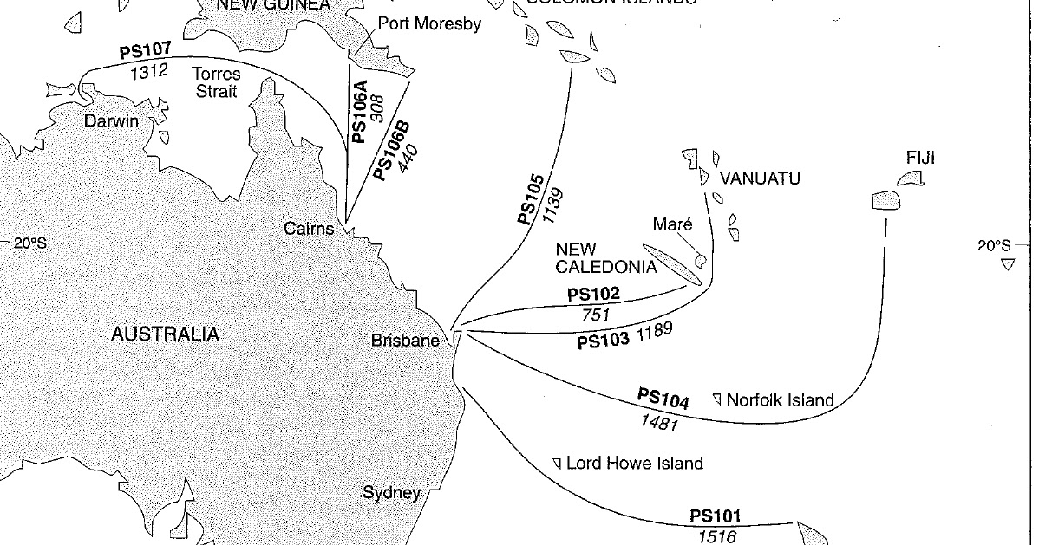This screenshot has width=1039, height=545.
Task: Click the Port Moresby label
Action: [x=428, y=25]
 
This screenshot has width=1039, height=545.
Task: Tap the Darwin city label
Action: [x=111, y=121]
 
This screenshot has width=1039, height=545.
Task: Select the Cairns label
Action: [x=309, y=229]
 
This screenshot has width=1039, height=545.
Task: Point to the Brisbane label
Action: [x=405, y=341]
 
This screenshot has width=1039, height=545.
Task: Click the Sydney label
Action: [x=391, y=493]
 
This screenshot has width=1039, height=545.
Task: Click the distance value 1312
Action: [x=148, y=70]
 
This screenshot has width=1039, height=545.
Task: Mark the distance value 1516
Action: [x=716, y=537]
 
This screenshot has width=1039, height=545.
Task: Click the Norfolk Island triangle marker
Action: [x=717, y=399]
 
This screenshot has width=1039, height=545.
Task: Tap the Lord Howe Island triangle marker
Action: [x=557, y=463]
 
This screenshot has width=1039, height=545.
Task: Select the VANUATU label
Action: [x=760, y=178]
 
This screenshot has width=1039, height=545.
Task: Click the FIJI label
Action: [x=921, y=158]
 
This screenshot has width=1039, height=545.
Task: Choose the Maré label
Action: [x=673, y=224]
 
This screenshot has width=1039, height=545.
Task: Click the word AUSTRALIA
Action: [x=165, y=334]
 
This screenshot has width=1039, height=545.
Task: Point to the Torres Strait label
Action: [x=217, y=83]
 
